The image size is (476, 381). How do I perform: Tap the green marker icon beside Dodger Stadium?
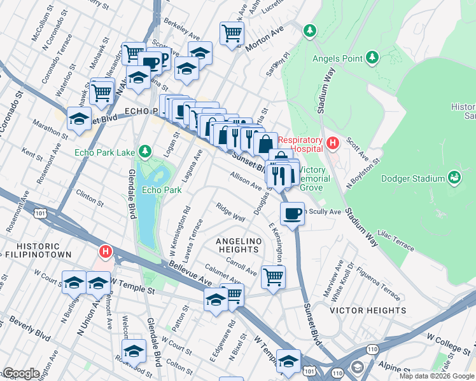tap(454, 177)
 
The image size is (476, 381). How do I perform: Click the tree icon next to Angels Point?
tap(372, 59)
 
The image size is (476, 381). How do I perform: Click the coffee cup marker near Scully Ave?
tap(292, 213)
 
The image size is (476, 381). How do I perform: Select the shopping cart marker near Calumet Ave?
tap(273, 276)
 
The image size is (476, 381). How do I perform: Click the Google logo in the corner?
tap(21, 373)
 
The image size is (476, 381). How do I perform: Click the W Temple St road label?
tap(132, 283)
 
